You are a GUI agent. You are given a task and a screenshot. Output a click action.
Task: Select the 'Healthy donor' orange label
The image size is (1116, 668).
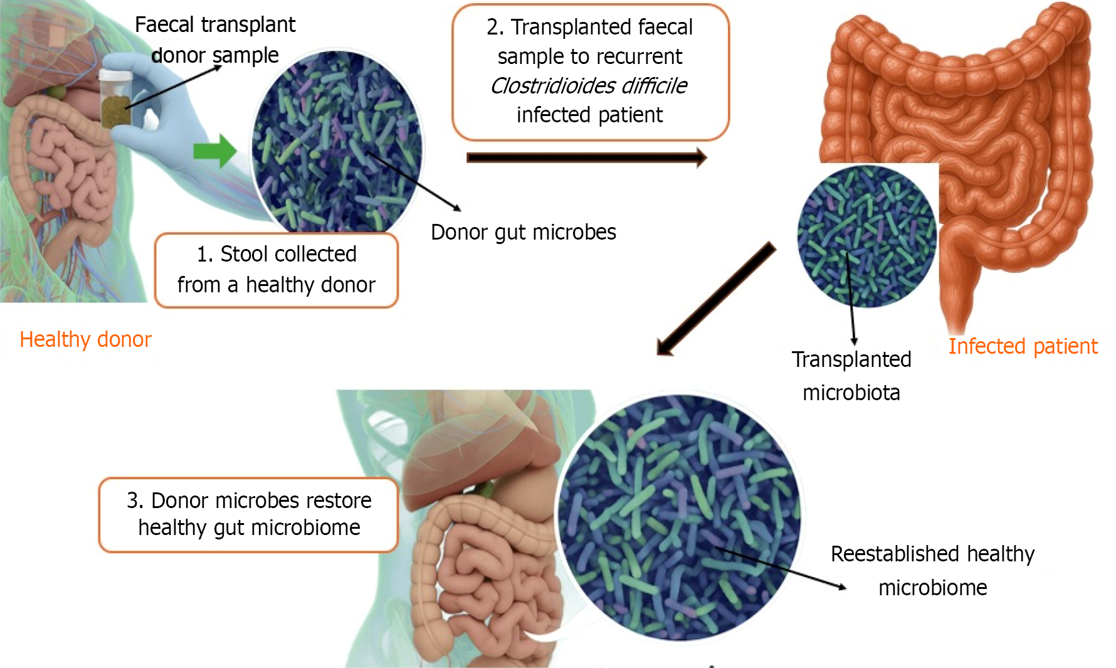(x=85, y=339)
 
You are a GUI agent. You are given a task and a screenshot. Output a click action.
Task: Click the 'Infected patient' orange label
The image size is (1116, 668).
(x=1023, y=346)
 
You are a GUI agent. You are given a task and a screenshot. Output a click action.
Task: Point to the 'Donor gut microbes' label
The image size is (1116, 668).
(x=523, y=232)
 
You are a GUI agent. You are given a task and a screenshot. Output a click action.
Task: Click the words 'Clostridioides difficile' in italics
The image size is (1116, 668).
(x=589, y=85)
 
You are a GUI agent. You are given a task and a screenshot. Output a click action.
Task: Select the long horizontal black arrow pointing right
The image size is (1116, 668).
(x=586, y=157)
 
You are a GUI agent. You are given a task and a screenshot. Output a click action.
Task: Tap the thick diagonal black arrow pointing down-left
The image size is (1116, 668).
(x=715, y=300)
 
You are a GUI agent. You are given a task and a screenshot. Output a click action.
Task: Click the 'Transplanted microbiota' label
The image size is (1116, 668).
(x=851, y=376)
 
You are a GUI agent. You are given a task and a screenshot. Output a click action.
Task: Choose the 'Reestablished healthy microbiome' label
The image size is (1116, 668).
(x=932, y=571)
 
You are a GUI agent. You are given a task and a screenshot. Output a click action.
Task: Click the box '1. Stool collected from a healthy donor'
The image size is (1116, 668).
(x=276, y=270)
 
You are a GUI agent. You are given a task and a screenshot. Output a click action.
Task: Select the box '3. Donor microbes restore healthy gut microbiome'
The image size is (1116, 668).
(x=249, y=514)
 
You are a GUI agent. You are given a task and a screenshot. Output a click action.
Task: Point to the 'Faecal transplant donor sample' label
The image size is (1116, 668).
(x=215, y=40)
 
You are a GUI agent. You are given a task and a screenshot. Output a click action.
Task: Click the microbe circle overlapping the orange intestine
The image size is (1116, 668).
(x=866, y=236)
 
